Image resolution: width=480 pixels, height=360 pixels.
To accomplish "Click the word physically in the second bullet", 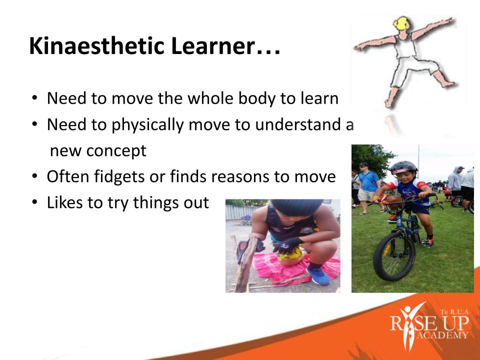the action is click(147, 125).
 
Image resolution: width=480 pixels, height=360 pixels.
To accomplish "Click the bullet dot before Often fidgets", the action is click(35, 177).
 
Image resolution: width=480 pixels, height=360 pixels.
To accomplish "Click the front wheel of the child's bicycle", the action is click(393, 256).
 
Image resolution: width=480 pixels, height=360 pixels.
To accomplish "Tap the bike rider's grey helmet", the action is click(404, 168).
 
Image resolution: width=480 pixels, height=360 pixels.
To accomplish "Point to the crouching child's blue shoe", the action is click(318, 275).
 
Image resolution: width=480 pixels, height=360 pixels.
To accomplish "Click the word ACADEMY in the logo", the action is click(442, 334).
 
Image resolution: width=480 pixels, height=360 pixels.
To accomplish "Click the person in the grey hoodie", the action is click(456, 185).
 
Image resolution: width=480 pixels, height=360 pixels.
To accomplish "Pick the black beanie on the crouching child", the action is click(296, 207).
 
